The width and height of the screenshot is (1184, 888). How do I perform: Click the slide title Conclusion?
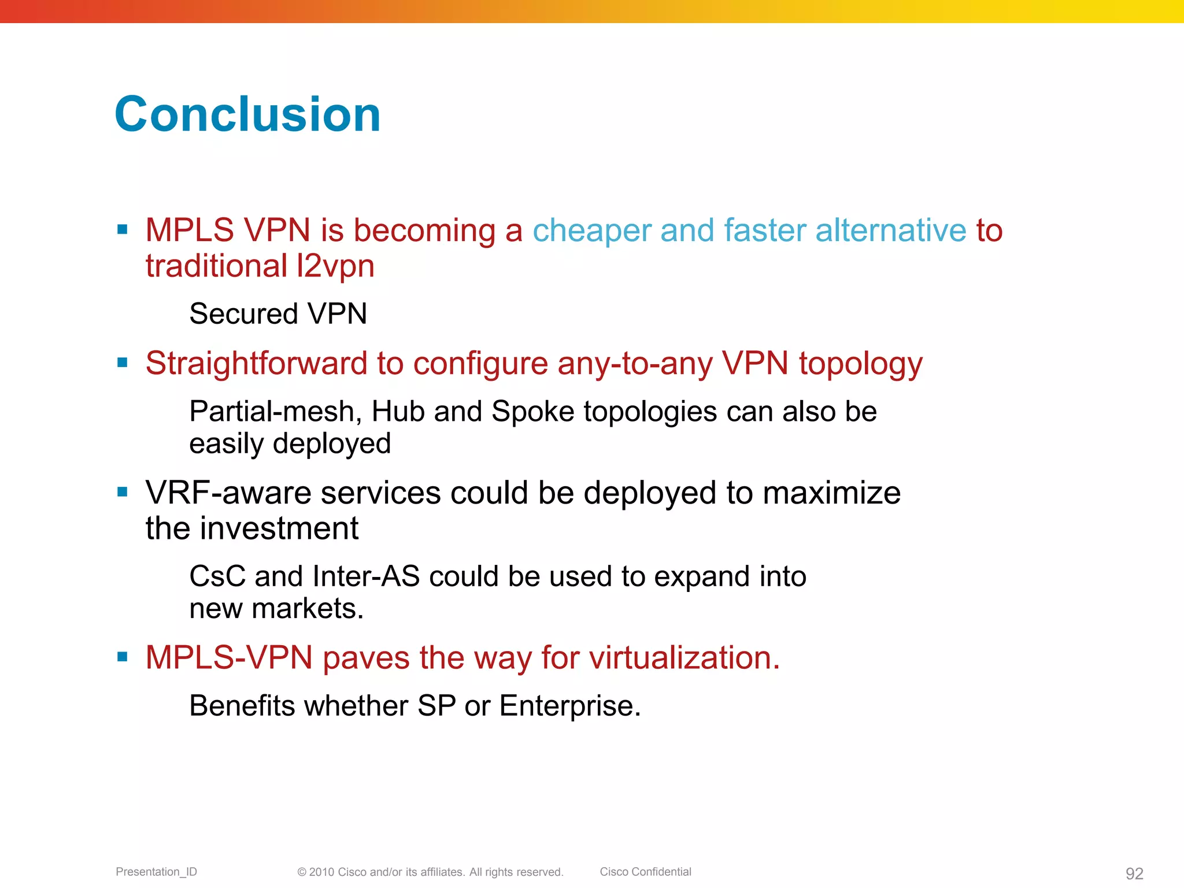coord(247,114)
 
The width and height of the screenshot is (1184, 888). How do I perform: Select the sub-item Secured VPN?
coord(278,314)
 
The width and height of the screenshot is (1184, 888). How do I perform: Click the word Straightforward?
coord(256,364)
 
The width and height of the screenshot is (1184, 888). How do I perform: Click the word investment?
coord(279,528)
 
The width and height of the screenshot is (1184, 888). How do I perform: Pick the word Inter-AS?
coord(365,576)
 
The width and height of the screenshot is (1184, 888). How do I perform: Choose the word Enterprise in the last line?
coord(569,706)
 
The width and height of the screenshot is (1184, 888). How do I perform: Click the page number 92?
coord(1134,873)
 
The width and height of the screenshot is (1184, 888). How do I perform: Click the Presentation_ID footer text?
coord(156,872)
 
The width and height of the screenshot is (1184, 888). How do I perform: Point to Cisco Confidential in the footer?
coord(645,872)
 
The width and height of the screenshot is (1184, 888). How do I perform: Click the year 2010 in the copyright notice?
coord(321,872)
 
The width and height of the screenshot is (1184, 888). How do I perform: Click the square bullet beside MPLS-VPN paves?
coord(122,657)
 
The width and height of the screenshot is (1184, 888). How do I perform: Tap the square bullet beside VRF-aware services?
coord(122,493)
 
